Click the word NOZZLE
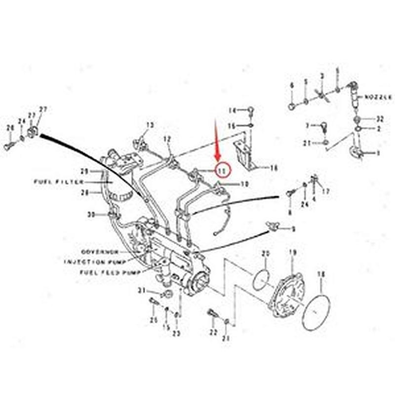click(379, 98)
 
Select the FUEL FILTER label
click(59, 182)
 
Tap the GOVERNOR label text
click(101, 251)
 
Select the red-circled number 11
click(222, 170)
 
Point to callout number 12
click(167, 139)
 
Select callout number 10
click(244, 185)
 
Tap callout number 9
click(293, 229)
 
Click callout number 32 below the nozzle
click(379, 119)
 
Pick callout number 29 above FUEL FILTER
click(84, 171)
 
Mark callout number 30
click(90, 214)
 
